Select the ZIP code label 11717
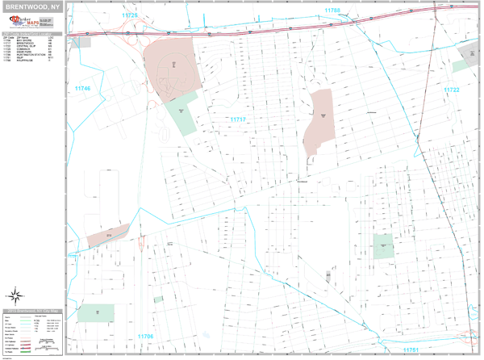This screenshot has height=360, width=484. pos(238,119)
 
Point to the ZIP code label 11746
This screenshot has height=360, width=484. pos(82,88)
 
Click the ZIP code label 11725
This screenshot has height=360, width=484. pos(129,15)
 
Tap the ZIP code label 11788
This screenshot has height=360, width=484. pos(332,10)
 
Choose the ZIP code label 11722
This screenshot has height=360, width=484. pos(451,90)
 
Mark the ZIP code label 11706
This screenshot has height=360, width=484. pos(145,335)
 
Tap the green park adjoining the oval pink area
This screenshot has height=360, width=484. pos(184,113)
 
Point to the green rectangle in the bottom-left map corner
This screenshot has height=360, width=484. pos(96,312)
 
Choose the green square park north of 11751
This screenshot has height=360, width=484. pos(382,245)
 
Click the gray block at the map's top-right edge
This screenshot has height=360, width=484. pos(469,57)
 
